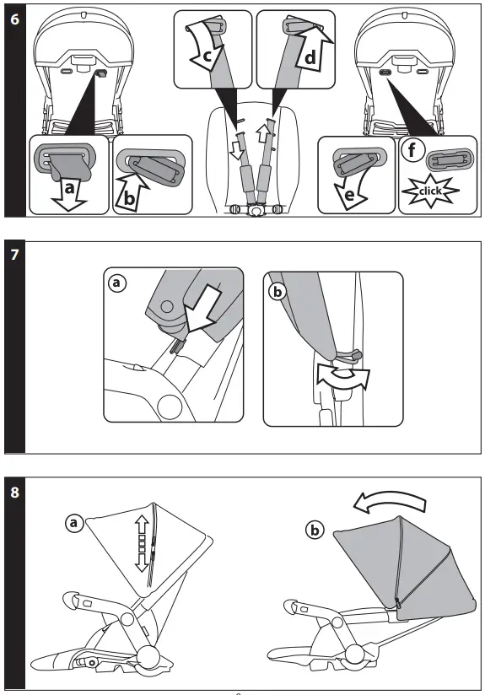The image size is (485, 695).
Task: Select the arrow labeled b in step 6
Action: [x=132, y=188]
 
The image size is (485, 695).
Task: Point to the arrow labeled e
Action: [x=346, y=187]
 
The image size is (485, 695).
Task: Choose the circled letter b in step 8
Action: [x=315, y=530]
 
